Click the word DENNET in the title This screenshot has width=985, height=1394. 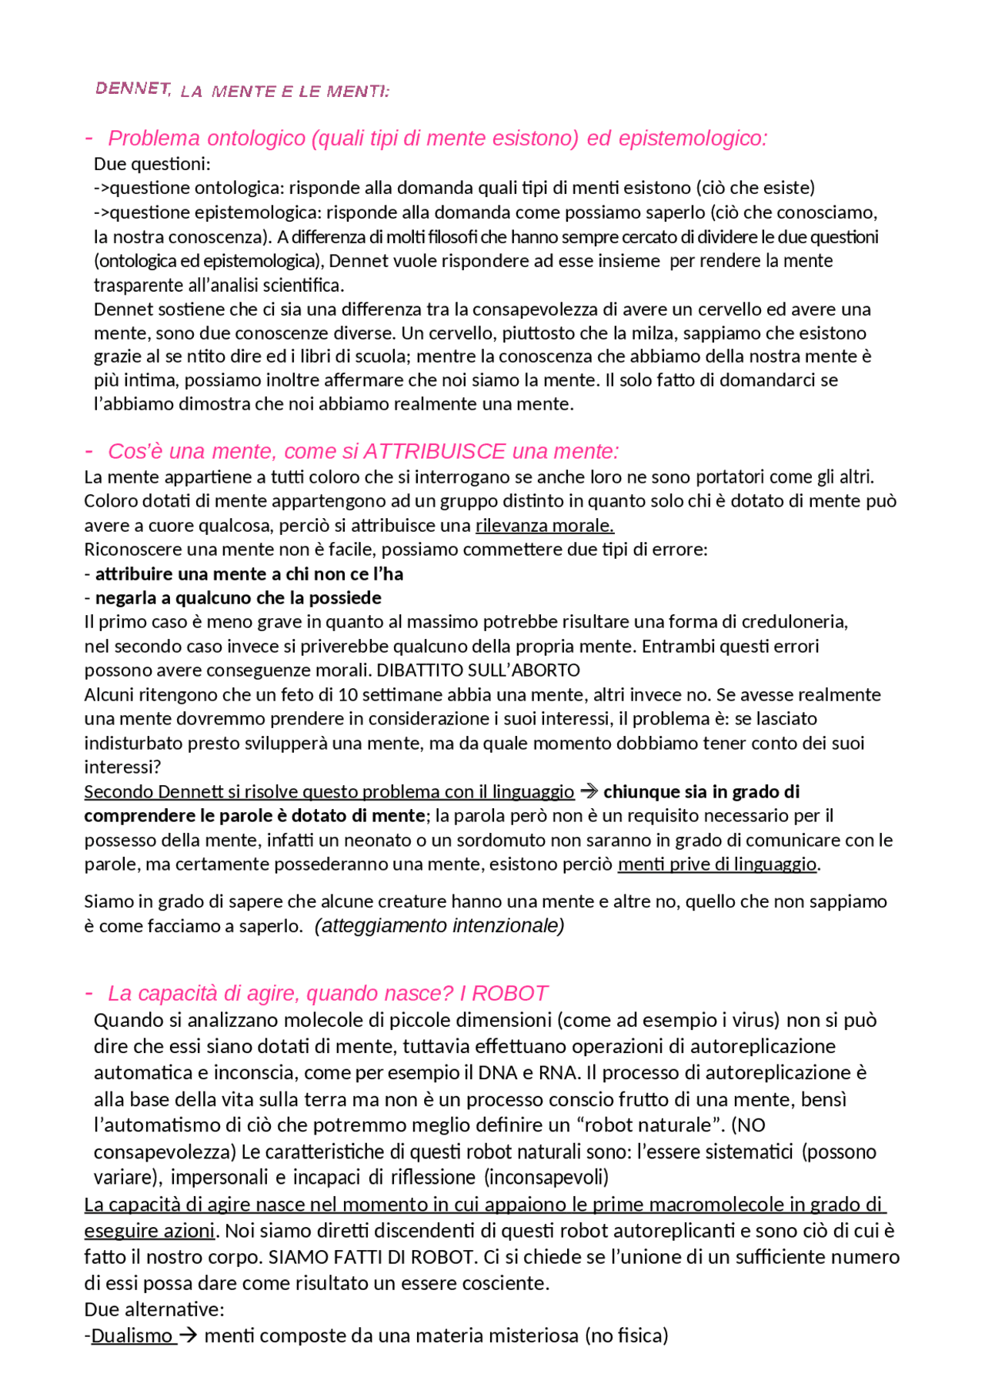pos(133,89)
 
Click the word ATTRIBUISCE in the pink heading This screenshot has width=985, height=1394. pos(434,451)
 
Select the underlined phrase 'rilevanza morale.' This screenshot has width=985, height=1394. pos(545,526)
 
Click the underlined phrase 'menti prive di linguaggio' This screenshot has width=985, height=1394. pos(716,864)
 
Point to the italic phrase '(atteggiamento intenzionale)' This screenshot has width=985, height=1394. pos(439,925)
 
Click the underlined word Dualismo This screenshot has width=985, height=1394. pos(132,1335)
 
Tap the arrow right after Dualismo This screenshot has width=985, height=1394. pos(188,1335)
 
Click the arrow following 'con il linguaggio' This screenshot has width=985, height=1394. pos(589,791)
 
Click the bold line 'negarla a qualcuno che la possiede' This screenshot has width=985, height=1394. pos(238,598)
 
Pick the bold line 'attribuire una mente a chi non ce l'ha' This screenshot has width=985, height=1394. pos(249,574)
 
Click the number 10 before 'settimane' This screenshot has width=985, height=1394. pos(348,695)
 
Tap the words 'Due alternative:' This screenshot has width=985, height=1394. pos(154,1309)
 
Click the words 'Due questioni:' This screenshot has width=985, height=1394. pos(152,164)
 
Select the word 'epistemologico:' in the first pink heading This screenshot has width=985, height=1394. pos(693,139)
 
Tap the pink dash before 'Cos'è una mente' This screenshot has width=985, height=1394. pos(89,450)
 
